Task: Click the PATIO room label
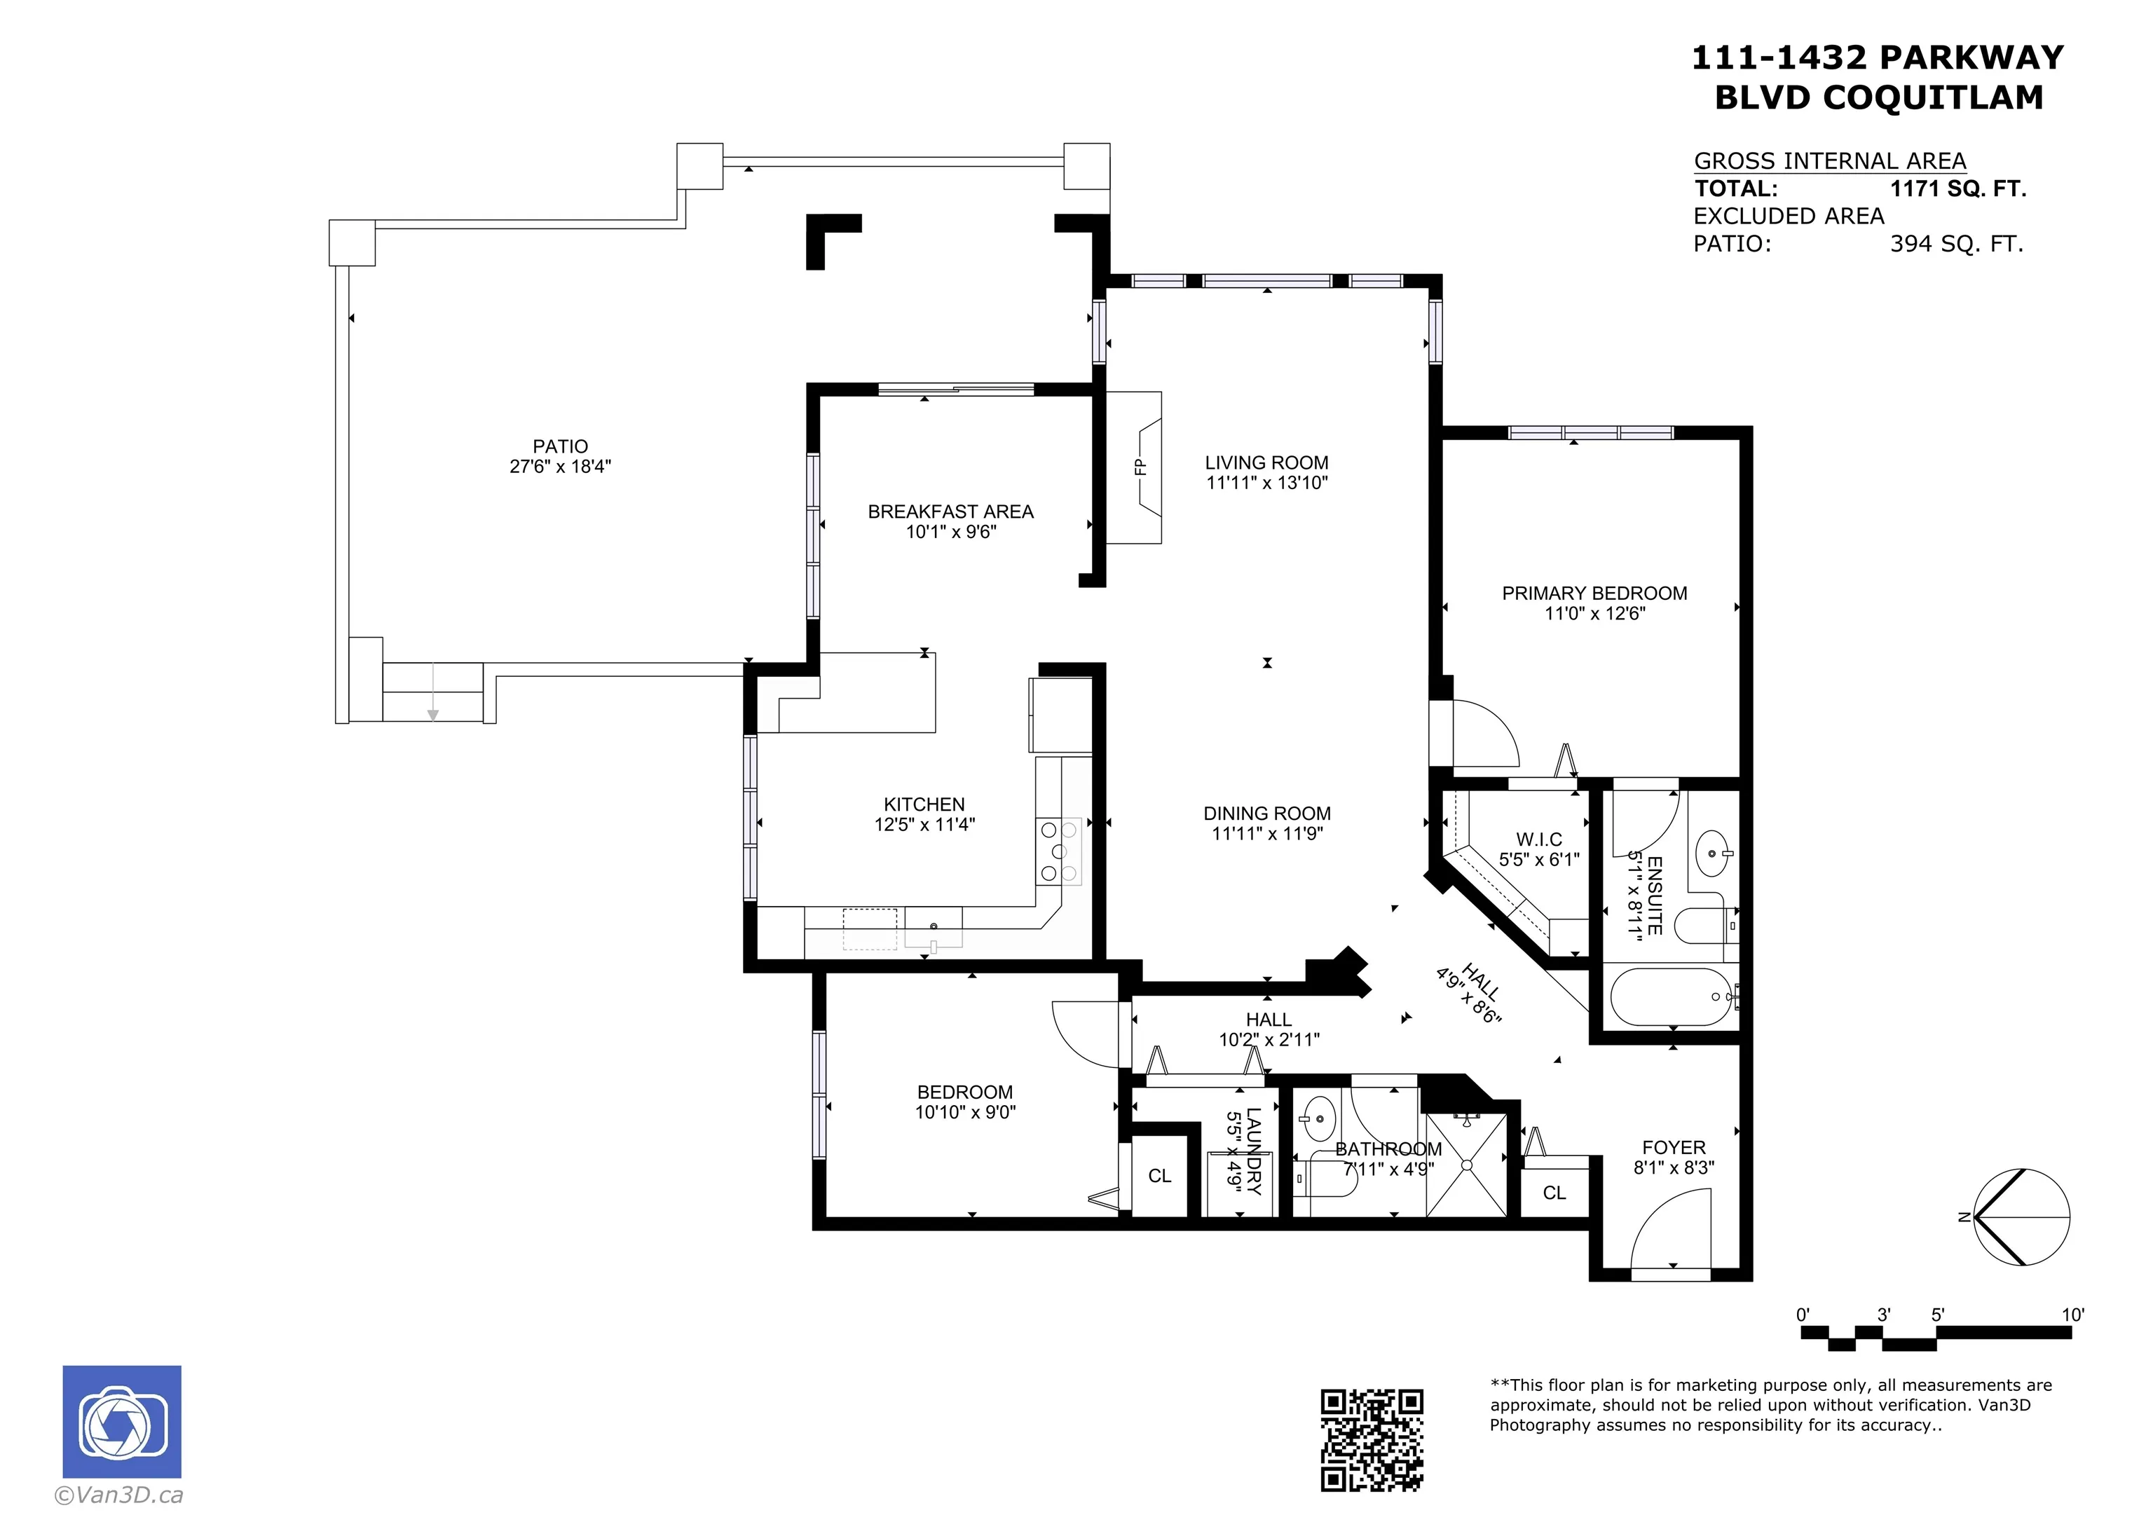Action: coord(561,446)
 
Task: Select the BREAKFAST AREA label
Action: coord(951,512)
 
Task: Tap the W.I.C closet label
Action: coord(1540,839)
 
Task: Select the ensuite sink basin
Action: coord(1713,853)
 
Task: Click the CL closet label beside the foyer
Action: coord(1554,1193)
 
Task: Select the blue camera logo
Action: coord(122,1422)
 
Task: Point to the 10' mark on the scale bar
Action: coord(2072,1315)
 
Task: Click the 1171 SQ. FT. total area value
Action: coord(1958,188)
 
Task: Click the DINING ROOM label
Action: coord(1267,814)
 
